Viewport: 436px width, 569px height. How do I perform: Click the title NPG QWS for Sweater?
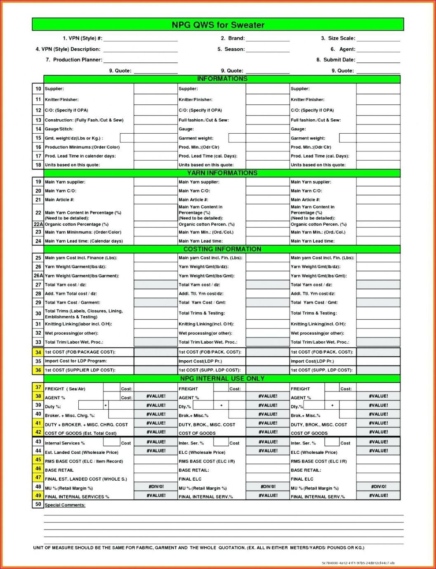pyautogui.click(x=218, y=25)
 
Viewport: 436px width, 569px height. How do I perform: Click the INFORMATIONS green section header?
pyautogui.click(x=222, y=79)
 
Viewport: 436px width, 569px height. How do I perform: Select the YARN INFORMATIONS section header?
pyautogui.click(x=222, y=173)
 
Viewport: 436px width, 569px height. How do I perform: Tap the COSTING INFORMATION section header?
pyautogui.click(x=222, y=249)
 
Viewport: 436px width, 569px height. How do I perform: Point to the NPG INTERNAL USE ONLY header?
pyautogui.click(x=222, y=379)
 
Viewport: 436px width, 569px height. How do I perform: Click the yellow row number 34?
pyautogui.click(x=38, y=352)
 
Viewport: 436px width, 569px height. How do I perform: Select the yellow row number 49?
pyautogui.click(x=38, y=496)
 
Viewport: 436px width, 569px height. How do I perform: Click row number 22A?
pyautogui.click(x=38, y=224)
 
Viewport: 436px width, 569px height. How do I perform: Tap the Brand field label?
pyautogui.click(x=233, y=38)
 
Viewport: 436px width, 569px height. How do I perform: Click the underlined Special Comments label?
pyautogui.click(x=65, y=505)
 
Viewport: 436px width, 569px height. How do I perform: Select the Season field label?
pyautogui.click(x=231, y=49)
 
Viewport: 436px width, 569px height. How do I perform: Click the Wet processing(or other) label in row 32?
pyautogui.click(x=71, y=333)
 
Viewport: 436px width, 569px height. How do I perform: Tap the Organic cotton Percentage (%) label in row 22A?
pyautogui.click(x=76, y=224)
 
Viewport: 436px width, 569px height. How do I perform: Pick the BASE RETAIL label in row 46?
pyautogui.click(x=59, y=470)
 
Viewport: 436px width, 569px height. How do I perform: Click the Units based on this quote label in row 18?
pyautogui.click(x=72, y=165)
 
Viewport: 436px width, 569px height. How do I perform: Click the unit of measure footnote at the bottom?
pyautogui.click(x=198, y=548)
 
